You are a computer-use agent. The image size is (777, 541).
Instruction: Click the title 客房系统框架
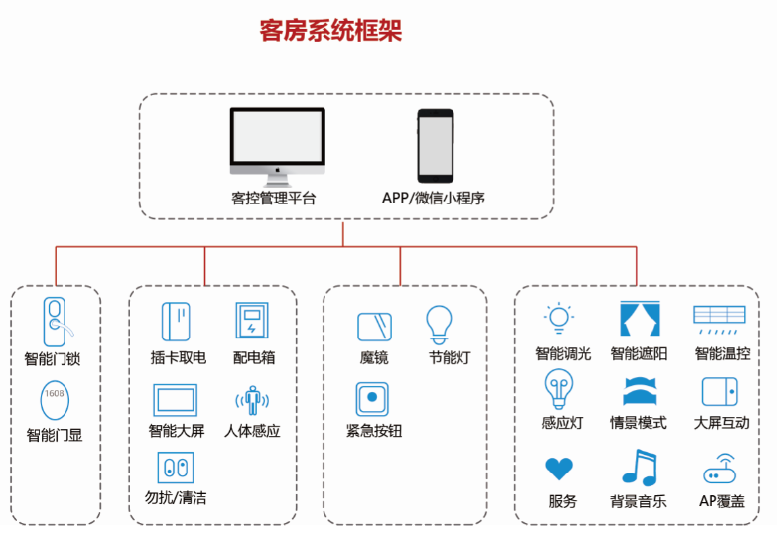pos(330,30)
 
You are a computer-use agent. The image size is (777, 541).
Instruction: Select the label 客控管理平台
pos(273,198)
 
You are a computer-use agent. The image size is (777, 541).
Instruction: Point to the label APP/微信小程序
pos(434,198)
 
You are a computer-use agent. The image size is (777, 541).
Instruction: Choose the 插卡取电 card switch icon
pos(176,322)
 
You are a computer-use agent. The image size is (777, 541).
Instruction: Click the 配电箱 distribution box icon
pos(251,322)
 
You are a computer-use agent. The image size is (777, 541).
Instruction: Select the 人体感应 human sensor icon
pos(252,401)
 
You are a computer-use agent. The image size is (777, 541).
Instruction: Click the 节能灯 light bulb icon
pos(438,324)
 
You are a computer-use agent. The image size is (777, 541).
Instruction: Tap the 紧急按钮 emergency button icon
pos(372,399)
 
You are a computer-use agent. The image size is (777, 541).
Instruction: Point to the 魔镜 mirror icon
pos(374,328)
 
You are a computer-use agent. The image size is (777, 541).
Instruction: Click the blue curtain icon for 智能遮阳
pos(638,319)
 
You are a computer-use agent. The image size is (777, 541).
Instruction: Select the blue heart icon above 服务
pos(560,468)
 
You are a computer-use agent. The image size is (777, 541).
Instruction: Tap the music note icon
pos(638,468)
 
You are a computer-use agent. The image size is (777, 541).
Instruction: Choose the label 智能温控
pos(721,353)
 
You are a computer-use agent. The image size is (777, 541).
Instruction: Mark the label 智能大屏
pos(176,431)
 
